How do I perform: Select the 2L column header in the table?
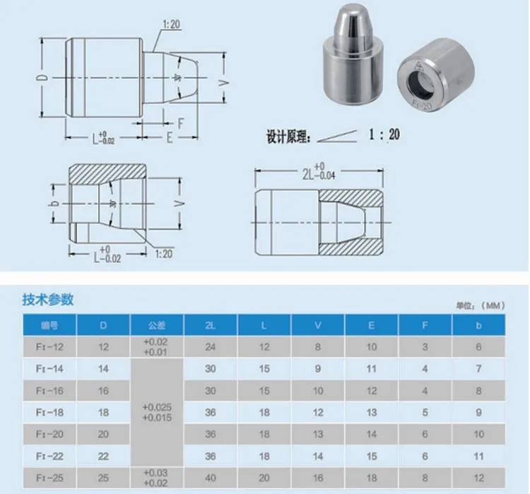coord(210,326)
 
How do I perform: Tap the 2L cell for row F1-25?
coord(210,477)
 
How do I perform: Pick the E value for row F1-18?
coord(371,412)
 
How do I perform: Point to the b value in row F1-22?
coord(479,456)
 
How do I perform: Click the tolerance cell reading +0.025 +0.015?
coord(156,412)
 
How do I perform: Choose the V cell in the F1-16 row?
coord(318,390)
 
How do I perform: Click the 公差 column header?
coord(156,326)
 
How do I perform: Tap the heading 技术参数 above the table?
coord(48,299)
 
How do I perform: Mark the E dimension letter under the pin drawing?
coord(170,139)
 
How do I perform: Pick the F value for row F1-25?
coord(425,477)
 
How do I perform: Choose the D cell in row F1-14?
coord(104,369)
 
